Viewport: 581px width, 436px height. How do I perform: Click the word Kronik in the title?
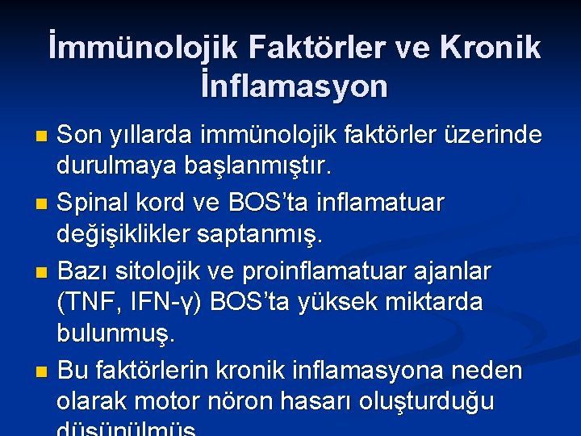(x=491, y=48)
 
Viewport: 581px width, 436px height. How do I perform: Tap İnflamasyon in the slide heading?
(x=295, y=86)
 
